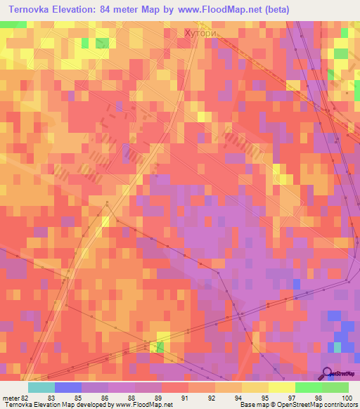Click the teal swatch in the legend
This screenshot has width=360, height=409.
tap(41, 387)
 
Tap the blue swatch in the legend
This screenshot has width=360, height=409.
tap(67, 387)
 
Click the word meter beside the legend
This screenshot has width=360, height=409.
tap(10, 397)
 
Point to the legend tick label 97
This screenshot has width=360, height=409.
tap(300, 397)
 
